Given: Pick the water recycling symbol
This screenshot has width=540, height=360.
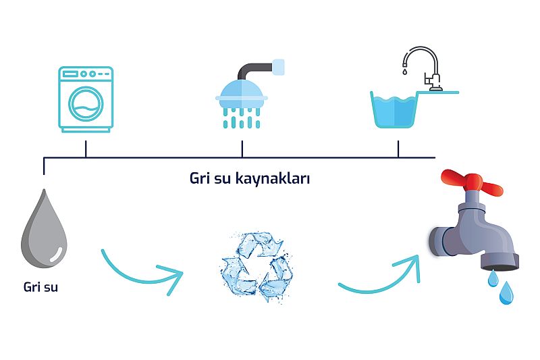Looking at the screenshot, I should [x=257, y=266].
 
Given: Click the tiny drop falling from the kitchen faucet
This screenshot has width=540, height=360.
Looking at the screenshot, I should [x=405, y=70].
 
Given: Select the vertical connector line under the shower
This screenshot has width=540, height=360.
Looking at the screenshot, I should [x=242, y=149].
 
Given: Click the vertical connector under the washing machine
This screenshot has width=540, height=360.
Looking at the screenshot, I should [x=86, y=149].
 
